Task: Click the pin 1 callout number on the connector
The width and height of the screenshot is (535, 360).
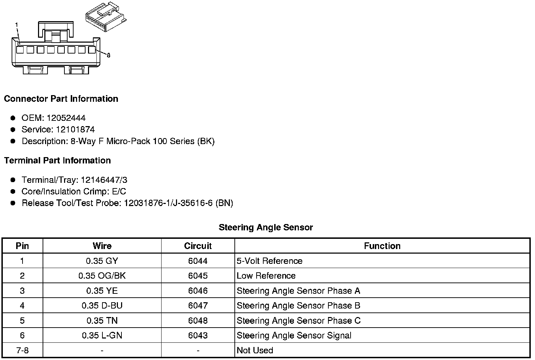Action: (x=17, y=24)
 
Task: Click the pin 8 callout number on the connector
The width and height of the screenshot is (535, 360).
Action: (x=108, y=55)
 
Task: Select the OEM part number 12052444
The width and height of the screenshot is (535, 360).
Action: (x=66, y=118)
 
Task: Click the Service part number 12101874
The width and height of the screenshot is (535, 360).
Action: (x=75, y=130)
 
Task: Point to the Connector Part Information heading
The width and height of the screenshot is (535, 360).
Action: (x=61, y=99)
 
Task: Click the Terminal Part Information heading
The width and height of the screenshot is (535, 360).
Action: (x=57, y=161)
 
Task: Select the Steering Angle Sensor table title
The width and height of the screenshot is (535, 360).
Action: (x=266, y=228)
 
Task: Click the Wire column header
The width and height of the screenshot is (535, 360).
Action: (x=102, y=246)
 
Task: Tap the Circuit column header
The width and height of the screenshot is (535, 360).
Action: (x=198, y=246)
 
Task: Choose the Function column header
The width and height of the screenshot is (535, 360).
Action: (x=382, y=246)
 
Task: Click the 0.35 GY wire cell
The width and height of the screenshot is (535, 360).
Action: (x=102, y=261)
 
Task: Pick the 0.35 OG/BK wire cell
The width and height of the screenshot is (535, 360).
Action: (x=102, y=276)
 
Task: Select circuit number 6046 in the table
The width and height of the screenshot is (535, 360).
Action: (x=198, y=291)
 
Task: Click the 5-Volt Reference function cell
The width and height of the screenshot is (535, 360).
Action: (x=270, y=261)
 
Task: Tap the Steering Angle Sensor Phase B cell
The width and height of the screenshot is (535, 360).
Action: (x=298, y=306)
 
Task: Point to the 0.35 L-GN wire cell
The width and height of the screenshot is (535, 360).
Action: (x=102, y=336)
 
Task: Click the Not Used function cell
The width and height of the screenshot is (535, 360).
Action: (x=255, y=350)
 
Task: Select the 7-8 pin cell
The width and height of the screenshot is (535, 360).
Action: (x=22, y=350)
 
